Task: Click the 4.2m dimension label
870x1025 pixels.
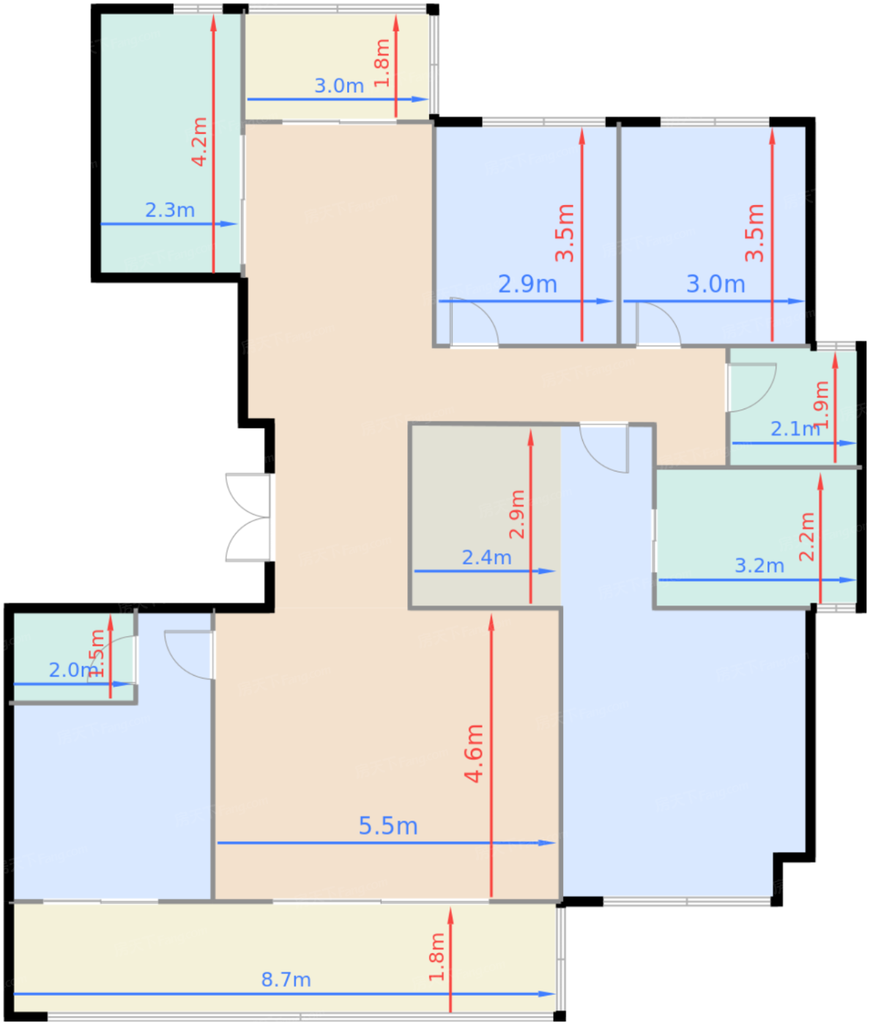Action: (x=199, y=141)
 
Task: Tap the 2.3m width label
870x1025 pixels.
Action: (x=170, y=210)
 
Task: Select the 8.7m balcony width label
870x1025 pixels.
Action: (x=286, y=980)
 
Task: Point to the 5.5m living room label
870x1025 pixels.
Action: (x=388, y=826)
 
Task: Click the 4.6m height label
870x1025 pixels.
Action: (x=475, y=753)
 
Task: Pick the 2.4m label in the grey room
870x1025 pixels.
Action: (x=486, y=558)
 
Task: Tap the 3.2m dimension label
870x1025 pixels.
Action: (x=759, y=566)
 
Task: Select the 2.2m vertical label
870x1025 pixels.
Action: (x=806, y=537)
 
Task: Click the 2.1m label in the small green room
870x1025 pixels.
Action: (x=794, y=429)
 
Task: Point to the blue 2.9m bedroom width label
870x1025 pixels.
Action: (x=527, y=284)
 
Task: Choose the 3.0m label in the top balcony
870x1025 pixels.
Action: (x=339, y=86)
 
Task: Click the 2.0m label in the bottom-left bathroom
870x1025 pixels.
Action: (x=72, y=670)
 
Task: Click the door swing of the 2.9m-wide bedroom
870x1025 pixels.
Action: (x=474, y=322)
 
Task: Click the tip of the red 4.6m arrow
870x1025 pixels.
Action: (x=491, y=619)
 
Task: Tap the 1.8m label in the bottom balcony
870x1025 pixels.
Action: (x=436, y=957)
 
